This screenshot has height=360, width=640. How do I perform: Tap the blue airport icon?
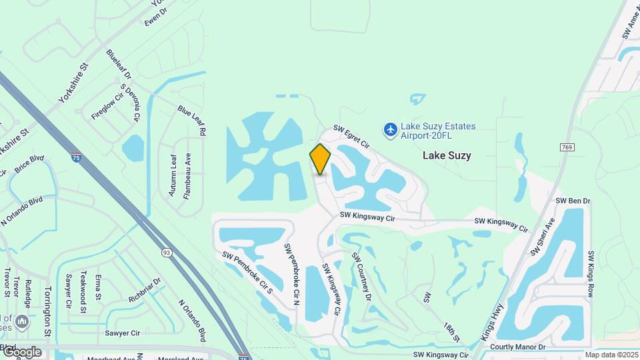tap(391, 128)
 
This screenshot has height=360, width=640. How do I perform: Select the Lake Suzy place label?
tap(447, 155)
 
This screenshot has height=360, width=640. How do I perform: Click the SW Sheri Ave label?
tap(542, 237)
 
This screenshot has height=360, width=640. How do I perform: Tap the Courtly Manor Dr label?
tap(517, 347)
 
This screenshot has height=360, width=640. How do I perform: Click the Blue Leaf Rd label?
tap(191, 120)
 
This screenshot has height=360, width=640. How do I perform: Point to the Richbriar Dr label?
tap(145, 287)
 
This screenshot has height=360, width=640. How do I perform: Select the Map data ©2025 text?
tap(611, 355)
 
